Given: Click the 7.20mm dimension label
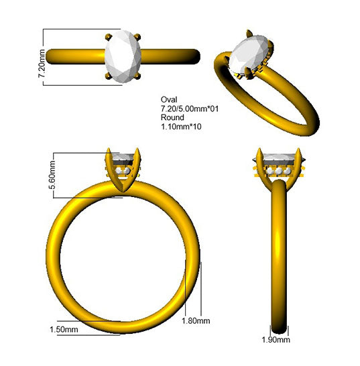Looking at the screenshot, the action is pyautogui.click(x=42, y=63).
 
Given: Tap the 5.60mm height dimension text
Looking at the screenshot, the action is pyautogui.click(x=52, y=174).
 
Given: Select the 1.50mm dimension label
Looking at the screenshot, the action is pyautogui.click(x=64, y=329).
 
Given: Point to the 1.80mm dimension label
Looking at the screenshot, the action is pyautogui.click(x=196, y=320).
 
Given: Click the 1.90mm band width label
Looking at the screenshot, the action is pyautogui.click(x=276, y=340).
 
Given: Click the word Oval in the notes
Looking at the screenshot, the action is pyautogui.click(x=169, y=99).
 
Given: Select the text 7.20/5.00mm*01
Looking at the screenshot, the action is pyautogui.click(x=190, y=109).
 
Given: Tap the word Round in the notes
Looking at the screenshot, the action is pyautogui.click(x=172, y=117).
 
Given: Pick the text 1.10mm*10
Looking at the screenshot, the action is pyautogui.click(x=181, y=127).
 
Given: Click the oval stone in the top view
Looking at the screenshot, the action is pyautogui.click(x=123, y=56).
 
